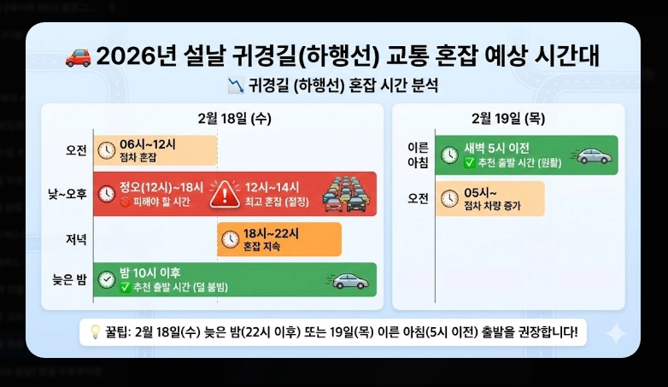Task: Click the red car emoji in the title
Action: point(79,56)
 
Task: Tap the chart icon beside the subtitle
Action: point(236,85)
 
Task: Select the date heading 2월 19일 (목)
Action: point(508,118)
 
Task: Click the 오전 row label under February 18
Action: point(76,150)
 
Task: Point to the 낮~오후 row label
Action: point(68,194)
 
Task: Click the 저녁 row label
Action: point(76,238)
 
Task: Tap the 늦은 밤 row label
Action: point(69,279)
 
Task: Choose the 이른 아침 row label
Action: point(418,155)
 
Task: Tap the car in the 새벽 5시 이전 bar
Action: point(594,155)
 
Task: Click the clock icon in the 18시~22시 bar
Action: point(230,239)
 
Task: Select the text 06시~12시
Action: point(146,144)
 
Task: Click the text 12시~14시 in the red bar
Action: point(272,188)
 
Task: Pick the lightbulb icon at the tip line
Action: point(91,333)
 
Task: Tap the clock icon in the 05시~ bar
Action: point(448,199)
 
